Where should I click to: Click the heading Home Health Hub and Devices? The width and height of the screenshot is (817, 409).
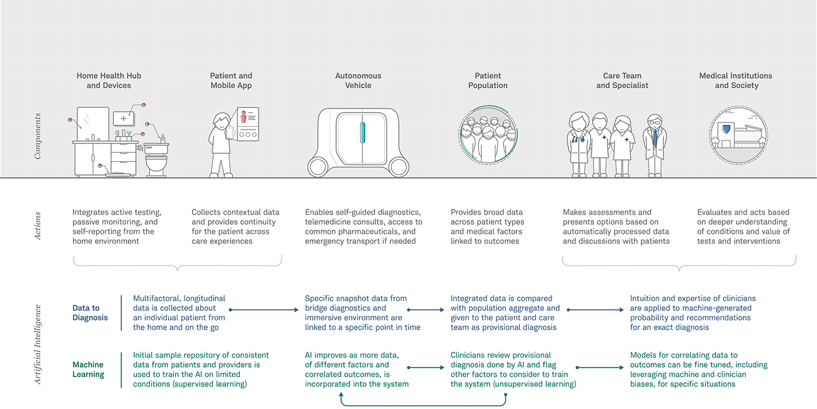click(109, 81)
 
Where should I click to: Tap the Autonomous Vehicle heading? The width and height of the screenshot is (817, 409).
click(358, 81)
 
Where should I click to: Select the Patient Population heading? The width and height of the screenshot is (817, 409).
click(488, 81)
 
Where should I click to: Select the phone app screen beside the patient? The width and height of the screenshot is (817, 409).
click(247, 123)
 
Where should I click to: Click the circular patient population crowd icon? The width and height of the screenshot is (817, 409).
click(488, 135)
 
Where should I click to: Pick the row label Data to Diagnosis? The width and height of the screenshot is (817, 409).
click(90, 313)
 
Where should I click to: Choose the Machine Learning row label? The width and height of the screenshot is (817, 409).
click(88, 369)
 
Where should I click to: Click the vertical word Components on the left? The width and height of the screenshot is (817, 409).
click(38, 137)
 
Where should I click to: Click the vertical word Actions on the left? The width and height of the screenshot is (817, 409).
click(38, 226)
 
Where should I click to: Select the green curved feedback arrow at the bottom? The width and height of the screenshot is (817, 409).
click(423, 404)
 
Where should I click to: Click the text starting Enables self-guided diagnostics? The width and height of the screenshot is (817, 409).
click(363, 226)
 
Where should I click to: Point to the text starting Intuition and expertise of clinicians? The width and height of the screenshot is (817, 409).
click(693, 313)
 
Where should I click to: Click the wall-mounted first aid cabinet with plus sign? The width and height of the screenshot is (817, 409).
click(123, 118)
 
